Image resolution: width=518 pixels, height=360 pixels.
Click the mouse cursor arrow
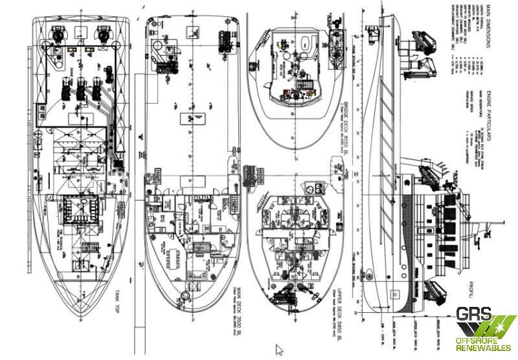pyautogui.click(x=280, y=350)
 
